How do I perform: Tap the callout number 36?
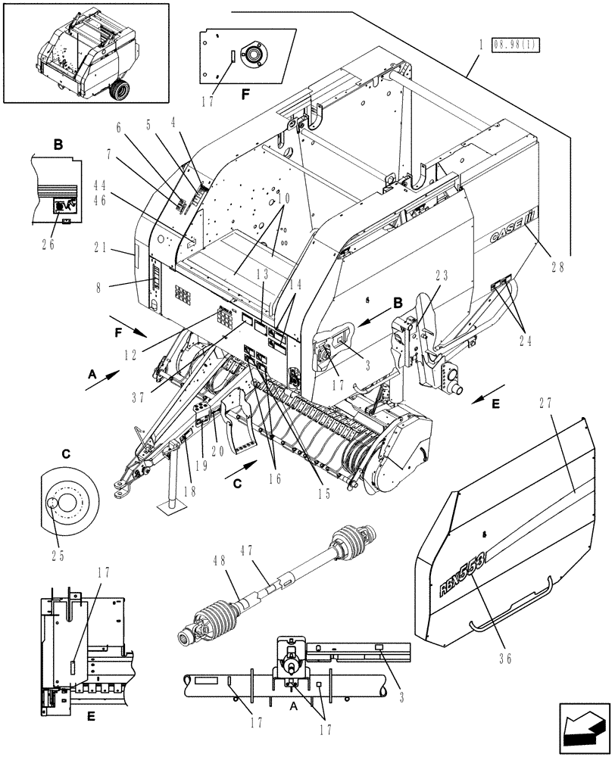[x=506, y=659]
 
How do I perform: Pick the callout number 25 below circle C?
[x=58, y=555]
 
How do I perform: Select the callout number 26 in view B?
[x=52, y=243]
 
